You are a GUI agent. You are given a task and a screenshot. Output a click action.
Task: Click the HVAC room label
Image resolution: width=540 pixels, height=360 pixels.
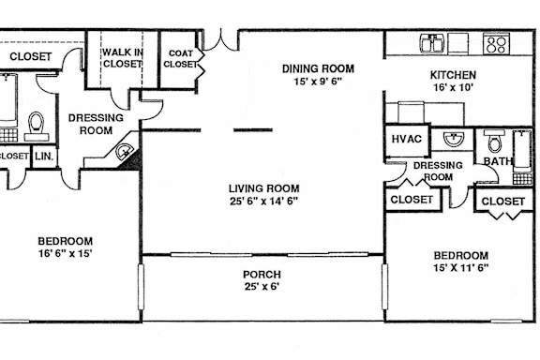(406, 139)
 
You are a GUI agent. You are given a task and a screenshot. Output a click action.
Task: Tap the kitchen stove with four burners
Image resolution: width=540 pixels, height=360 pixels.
(496, 44)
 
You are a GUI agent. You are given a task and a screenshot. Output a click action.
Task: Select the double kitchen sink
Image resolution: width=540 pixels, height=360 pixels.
(432, 43)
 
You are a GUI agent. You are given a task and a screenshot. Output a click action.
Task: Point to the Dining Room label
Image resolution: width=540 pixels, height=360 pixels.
(318, 68)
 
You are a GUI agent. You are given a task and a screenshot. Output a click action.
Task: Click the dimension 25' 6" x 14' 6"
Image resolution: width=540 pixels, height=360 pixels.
(263, 201)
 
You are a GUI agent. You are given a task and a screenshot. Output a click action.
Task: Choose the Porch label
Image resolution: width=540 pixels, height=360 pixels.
(262, 275)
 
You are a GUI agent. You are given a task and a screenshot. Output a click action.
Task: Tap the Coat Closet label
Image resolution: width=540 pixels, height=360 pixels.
(180, 58)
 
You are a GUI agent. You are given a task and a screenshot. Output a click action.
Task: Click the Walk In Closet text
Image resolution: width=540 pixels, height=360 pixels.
(122, 58)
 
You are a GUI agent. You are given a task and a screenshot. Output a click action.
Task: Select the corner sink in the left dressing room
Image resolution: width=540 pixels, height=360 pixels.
(124, 152)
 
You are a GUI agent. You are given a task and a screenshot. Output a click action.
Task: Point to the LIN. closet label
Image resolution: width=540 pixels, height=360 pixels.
(44, 156)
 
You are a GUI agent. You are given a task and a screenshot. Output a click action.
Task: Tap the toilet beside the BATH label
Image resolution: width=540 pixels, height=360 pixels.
(495, 141)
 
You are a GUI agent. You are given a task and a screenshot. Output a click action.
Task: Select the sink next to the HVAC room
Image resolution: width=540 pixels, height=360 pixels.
(454, 139)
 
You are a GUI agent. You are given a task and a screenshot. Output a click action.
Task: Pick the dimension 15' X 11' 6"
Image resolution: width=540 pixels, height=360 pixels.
(461, 268)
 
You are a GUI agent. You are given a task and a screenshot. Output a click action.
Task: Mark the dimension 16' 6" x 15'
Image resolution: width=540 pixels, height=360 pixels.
(65, 253)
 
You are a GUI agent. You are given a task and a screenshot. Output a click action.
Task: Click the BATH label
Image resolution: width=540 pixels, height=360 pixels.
(498, 161)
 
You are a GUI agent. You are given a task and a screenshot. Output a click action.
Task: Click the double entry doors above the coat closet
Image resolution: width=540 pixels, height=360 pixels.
(220, 40)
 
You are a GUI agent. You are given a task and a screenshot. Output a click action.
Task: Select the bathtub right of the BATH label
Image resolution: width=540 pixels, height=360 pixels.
(522, 157)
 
